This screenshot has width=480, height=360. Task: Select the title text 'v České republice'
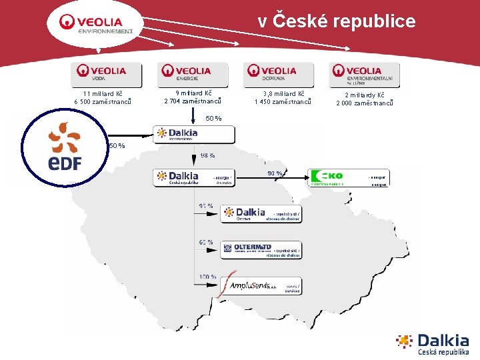(337, 21)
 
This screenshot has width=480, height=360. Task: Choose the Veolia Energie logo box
(193, 74)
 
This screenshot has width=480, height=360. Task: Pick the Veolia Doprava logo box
(279, 74)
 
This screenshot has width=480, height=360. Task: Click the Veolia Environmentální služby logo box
(365, 74)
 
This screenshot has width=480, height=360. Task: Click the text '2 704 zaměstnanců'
(193, 102)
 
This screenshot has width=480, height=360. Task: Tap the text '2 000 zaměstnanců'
(365, 103)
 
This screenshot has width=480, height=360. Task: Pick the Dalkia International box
(193, 134)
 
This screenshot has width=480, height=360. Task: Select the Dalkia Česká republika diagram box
(193, 178)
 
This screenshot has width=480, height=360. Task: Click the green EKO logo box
(349, 178)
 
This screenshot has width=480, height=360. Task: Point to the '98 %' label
(207, 155)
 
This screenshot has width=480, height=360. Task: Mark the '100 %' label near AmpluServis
(207, 276)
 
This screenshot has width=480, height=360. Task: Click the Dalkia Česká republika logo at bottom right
(433, 344)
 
